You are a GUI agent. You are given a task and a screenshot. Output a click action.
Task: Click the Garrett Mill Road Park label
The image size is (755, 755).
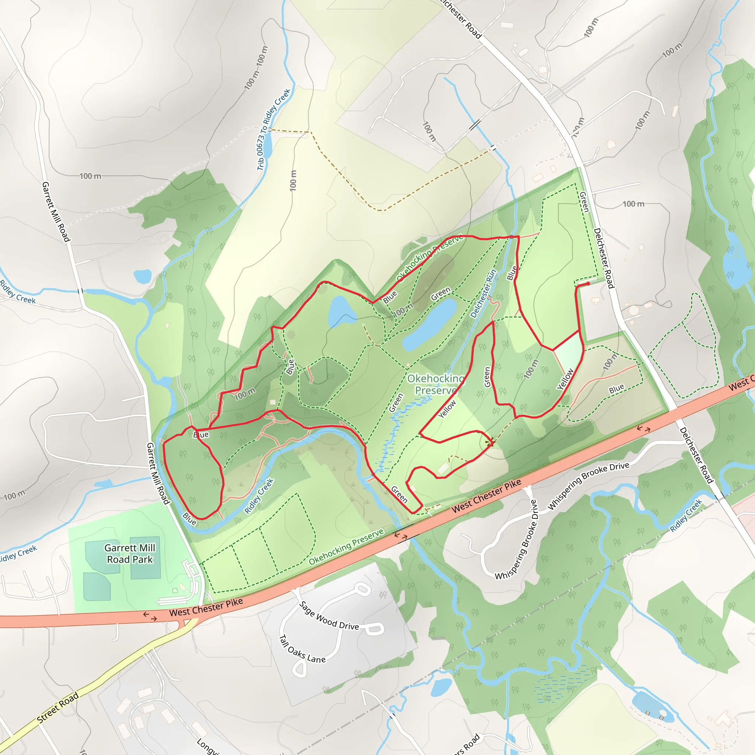(x=130, y=553)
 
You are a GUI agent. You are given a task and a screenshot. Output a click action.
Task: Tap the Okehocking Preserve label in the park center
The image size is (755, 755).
(x=436, y=385)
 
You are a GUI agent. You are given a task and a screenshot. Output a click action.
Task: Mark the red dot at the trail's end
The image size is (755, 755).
(x=588, y=284)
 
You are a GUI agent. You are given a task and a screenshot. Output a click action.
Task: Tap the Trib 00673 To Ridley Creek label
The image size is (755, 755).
(x=274, y=129)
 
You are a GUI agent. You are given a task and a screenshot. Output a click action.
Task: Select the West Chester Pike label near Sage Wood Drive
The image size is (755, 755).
(x=206, y=607)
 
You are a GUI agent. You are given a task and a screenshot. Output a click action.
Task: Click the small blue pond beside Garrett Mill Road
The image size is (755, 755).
(x=142, y=276)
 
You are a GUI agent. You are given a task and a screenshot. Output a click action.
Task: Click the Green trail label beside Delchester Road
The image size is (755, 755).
(x=584, y=202)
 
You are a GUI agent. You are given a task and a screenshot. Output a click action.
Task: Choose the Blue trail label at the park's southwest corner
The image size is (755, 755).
(x=189, y=519)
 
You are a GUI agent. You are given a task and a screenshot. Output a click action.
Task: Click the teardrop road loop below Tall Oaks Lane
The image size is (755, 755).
(x=299, y=670)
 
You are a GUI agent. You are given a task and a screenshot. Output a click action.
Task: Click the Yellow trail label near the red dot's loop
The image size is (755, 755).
(x=565, y=379)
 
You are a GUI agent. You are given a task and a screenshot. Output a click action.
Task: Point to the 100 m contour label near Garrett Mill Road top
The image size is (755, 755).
(x=90, y=176)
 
